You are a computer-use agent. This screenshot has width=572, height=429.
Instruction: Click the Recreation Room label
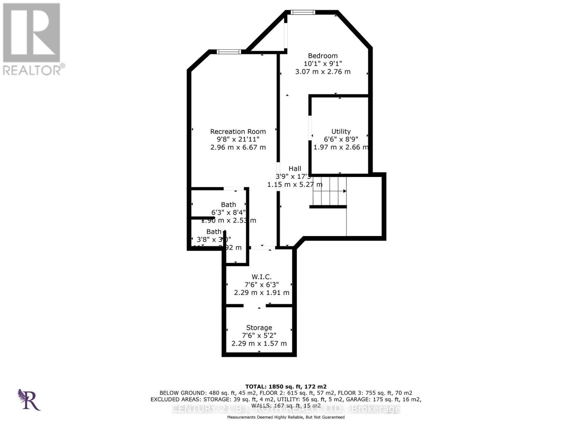point(238,132)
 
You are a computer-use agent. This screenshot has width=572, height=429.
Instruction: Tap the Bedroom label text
point(323,56)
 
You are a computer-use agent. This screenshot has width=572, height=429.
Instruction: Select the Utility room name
point(341,132)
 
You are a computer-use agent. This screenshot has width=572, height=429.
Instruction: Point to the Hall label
point(295,169)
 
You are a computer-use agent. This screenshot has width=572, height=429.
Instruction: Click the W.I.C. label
point(261,277)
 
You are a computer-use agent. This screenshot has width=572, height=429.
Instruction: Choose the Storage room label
point(259,327)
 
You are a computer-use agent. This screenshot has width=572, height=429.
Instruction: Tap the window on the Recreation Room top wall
point(229,52)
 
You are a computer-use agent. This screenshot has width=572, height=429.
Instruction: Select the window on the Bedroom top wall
point(303,13)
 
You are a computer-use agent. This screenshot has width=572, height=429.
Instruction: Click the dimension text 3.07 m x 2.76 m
point(323,71)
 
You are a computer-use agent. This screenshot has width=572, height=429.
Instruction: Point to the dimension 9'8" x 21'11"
point(238,139)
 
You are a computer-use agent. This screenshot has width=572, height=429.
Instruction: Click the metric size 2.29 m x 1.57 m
point(259,344)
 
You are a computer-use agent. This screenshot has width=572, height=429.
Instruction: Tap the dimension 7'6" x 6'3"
point(261,285)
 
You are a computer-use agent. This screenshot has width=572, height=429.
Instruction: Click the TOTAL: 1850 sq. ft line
point(286,386)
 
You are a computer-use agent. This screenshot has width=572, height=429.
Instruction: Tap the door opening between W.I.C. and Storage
point(255,306)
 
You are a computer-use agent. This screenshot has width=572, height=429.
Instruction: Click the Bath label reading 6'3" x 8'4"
point(228,205)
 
